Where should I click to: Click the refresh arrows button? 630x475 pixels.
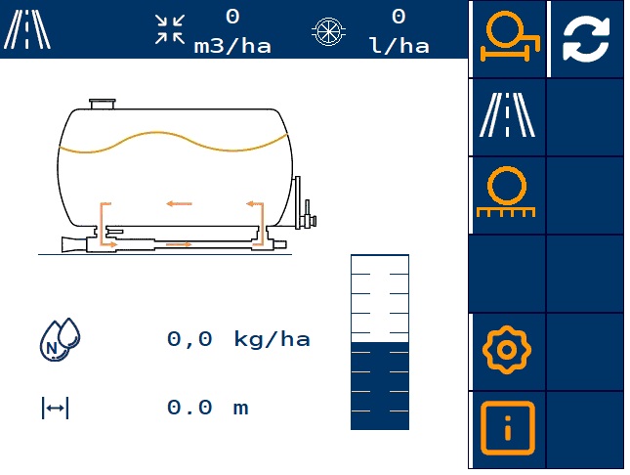pos(586,39)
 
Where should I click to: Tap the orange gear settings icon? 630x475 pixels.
pos(507,350)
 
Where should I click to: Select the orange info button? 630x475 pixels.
pos(508,428)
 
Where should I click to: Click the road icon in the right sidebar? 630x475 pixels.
pos(507,115)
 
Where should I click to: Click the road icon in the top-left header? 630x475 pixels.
pos(26,29)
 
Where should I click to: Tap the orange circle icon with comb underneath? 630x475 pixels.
pos(506,192)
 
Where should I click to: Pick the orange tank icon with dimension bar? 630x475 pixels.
pos(510,36)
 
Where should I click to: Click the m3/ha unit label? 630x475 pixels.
pos(232,46)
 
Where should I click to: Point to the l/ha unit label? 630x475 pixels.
pos(399,46)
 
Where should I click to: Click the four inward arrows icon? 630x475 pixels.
pos(170,29)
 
